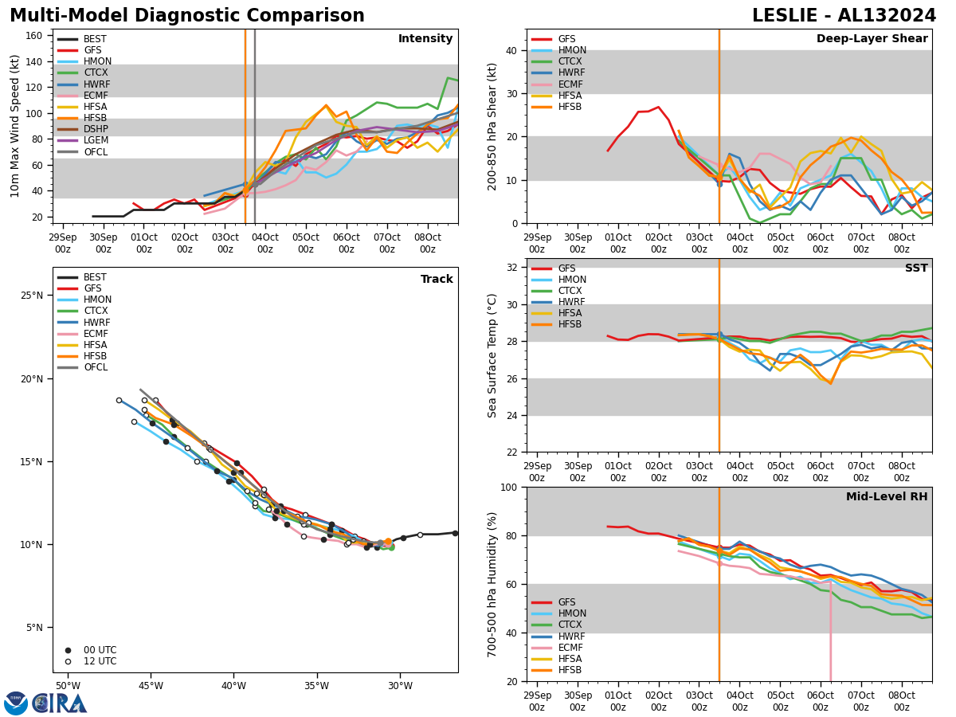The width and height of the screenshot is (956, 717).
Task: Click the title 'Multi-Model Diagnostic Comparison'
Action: point(187,16)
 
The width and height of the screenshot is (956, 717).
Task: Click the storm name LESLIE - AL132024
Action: point(844,16)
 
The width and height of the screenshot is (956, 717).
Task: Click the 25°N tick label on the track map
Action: point(31,296)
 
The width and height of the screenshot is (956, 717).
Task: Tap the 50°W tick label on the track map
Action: point(68,686)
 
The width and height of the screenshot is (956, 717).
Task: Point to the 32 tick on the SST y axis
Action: point(511,268)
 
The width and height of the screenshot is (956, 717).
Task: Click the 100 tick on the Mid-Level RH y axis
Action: point(507,488)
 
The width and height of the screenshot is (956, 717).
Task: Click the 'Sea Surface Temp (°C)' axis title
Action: point(492,355)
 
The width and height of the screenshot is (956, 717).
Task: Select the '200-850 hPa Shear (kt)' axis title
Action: point(492,126)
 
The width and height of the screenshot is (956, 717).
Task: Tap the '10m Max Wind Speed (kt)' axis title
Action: point(14,126)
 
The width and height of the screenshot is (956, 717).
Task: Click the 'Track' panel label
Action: point(437,280)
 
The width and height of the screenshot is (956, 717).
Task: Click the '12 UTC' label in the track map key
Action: point(100,661)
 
